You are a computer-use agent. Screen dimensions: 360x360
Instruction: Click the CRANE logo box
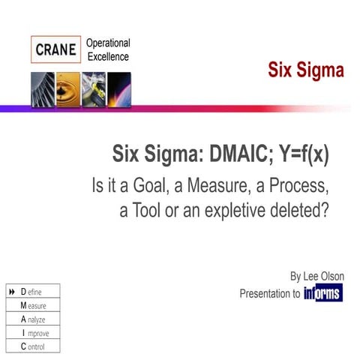[56, 50]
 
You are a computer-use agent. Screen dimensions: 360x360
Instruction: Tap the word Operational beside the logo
[108, 43]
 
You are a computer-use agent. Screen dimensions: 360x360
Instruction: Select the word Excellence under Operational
[107, 57]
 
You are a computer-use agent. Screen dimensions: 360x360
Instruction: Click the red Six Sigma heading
[306, 71]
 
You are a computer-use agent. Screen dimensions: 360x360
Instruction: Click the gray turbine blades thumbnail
[42, 90]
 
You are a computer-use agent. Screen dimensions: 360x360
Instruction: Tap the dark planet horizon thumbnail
[118, 90]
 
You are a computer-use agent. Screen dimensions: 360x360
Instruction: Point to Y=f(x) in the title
[298, 155]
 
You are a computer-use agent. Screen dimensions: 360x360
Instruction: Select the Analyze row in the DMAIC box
[33, 319]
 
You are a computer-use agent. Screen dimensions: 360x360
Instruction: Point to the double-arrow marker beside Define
[11, 292]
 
